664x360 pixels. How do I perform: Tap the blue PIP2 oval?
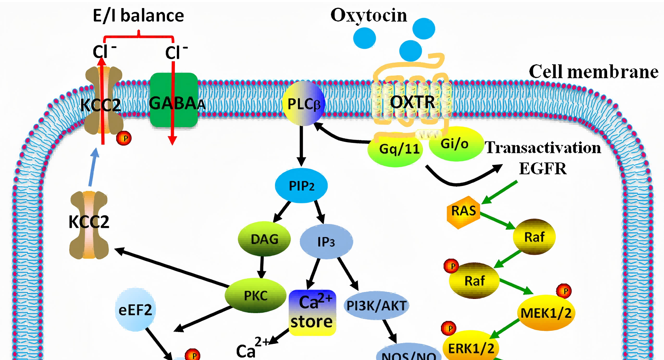[x=301, y=186]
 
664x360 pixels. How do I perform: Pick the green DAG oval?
[x=265, y=239]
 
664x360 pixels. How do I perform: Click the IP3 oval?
[x=326, y=242]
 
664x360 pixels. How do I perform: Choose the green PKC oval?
[x=256, y=295]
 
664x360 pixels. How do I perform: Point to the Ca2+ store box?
[x=312, y=312]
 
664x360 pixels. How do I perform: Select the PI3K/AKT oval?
[x=376, y=305]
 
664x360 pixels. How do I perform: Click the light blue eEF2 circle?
[x=135, y=310]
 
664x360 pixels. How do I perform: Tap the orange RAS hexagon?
[x=464, y=212]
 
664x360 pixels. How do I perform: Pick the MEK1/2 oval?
[x=546, y=313]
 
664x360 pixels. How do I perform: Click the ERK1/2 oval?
[x=471, y=347]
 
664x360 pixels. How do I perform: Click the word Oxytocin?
[x=369, y=15]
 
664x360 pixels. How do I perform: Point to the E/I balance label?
[x=138, y=15]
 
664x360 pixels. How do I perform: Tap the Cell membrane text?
[x=594, y=72]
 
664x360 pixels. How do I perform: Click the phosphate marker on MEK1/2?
[x=564, y=291]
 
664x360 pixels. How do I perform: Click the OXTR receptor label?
[x=412, y=102]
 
